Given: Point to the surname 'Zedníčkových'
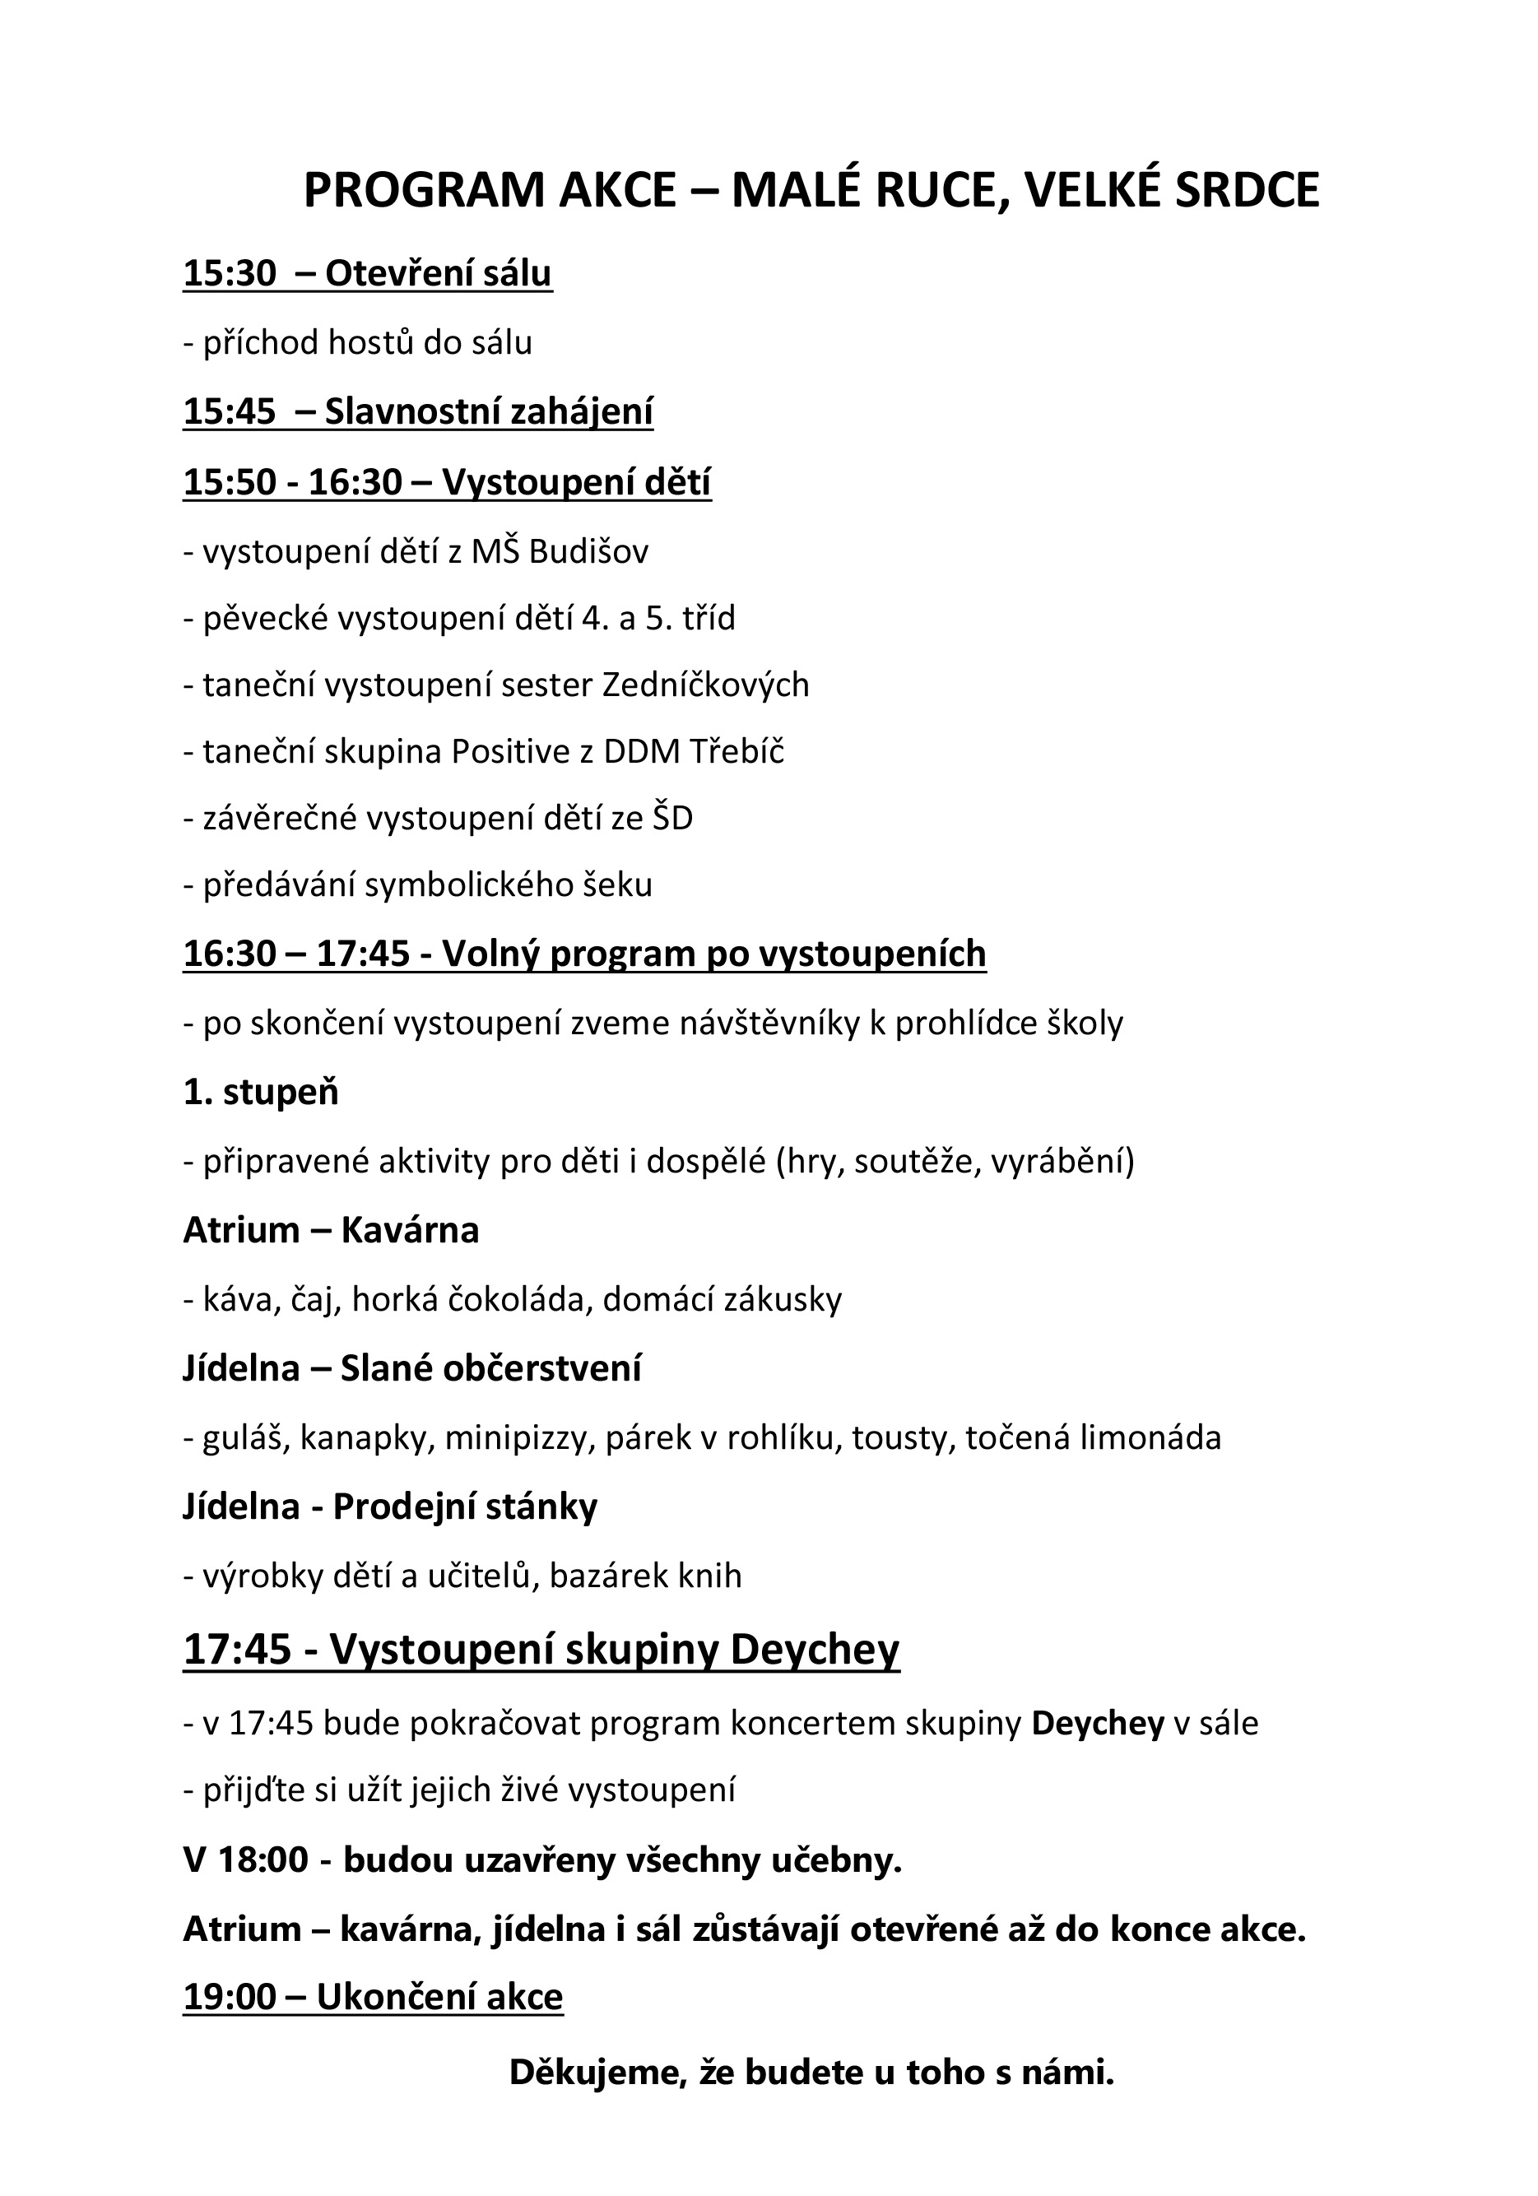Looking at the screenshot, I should [x=705, y=685].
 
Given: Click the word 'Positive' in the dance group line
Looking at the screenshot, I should [x=512, y=752].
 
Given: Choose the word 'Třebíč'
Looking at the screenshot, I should [x=736, y=752].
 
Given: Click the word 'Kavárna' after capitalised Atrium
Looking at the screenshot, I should [x=409, y=1230].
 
